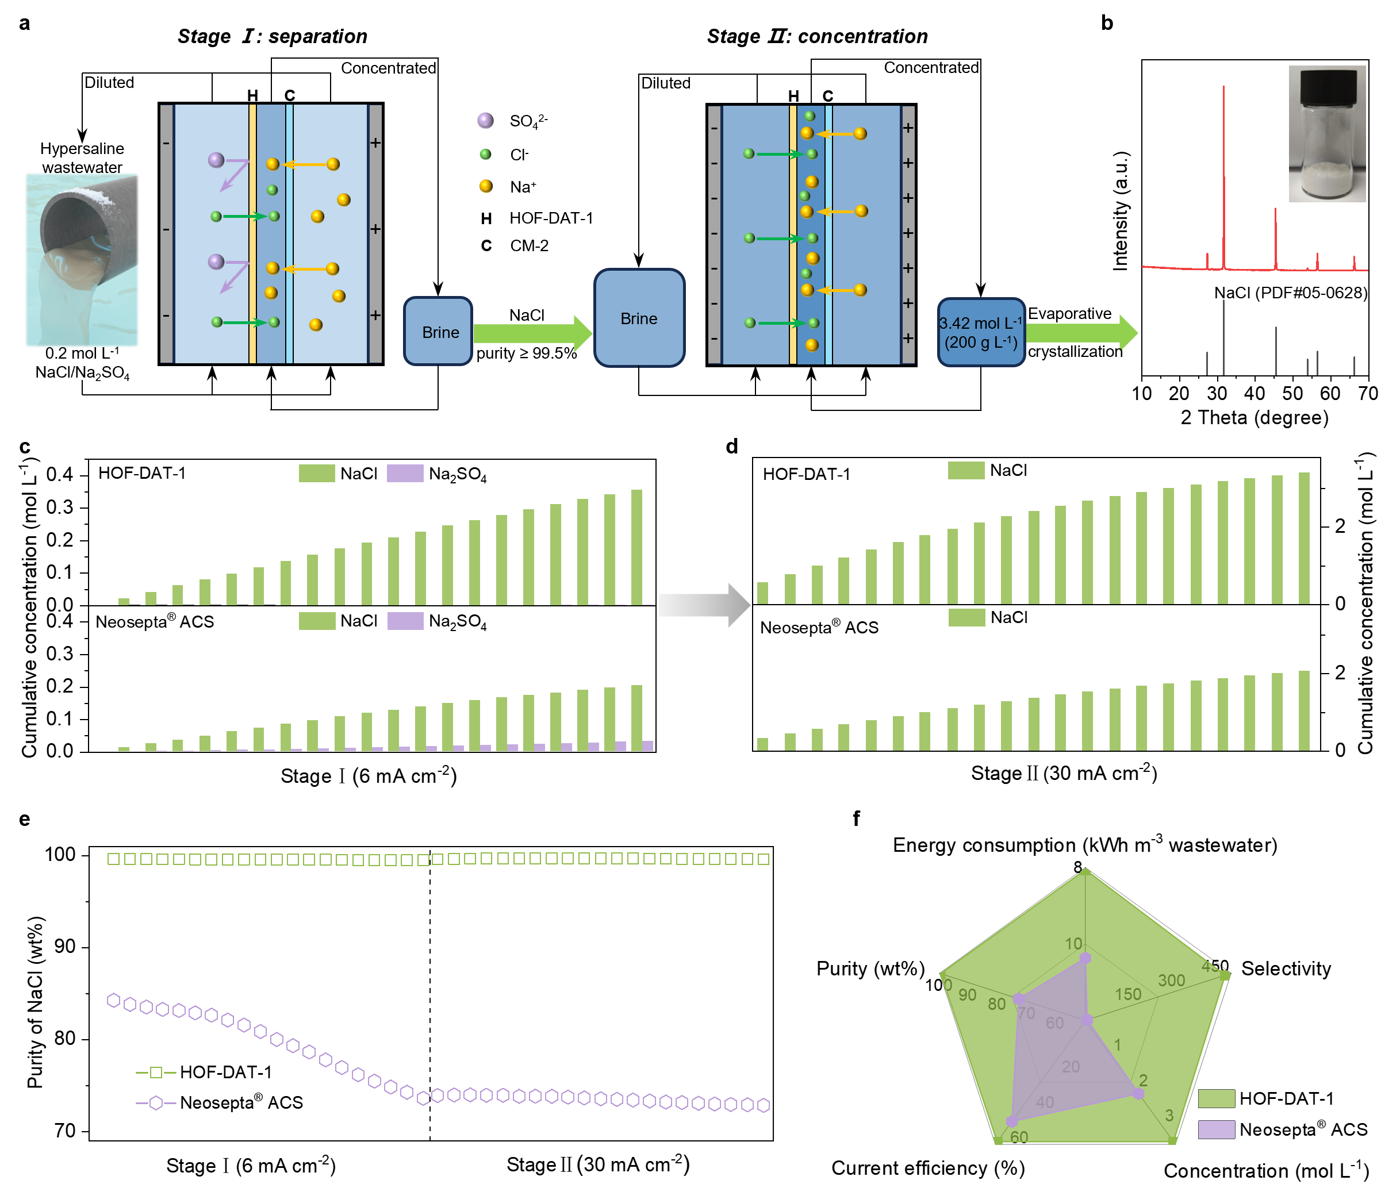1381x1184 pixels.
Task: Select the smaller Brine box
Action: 438,331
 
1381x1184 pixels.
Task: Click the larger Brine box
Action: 639,318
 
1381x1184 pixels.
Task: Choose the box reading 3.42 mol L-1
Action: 981,332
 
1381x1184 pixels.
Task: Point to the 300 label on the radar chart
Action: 1171,980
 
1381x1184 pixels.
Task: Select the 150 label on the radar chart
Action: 1127,994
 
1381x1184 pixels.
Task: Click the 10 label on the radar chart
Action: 1073,944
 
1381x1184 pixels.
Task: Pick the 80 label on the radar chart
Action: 996,1004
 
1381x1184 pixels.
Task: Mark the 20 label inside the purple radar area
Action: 1071,1067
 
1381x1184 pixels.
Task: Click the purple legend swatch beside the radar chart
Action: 1217,1129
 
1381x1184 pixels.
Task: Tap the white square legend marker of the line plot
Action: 156,1072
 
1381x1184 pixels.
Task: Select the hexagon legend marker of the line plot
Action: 156,1103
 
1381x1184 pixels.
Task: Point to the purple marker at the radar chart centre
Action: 1088,1020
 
